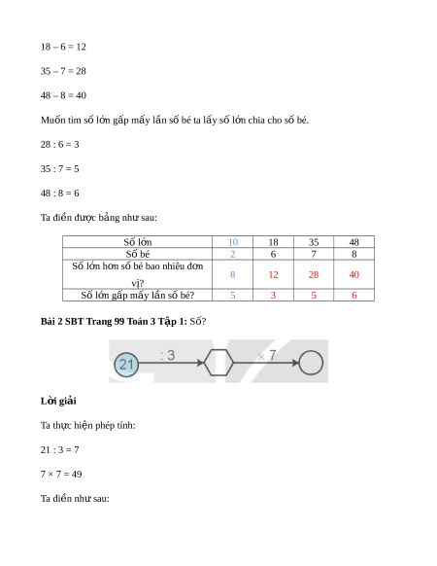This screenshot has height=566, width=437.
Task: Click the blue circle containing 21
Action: [126, 365]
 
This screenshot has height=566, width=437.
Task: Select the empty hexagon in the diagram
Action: [205, 363]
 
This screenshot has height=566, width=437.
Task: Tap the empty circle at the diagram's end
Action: [311, 363]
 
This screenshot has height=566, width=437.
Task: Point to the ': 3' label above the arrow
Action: [168, 355]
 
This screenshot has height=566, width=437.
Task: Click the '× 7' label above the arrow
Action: [267, 356]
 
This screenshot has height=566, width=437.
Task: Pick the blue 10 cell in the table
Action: [233, 242]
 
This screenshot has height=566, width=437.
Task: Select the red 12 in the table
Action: [273, 274]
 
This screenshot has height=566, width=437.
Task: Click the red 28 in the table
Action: [314, 274]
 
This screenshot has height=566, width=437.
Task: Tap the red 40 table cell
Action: [354, 274]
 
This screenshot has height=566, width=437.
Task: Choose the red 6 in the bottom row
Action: [354, 296]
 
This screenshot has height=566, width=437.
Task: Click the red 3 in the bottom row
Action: [273, 296]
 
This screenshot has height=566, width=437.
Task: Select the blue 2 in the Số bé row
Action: [233, 254]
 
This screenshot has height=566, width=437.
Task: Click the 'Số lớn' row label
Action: [137, 242]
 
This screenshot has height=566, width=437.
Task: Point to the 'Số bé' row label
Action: [137, 254]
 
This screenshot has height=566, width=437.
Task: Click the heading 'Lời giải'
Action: [58, 401]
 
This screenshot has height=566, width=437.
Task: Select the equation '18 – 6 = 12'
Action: [63, 47]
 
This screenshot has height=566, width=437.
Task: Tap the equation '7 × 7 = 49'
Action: [61, 474]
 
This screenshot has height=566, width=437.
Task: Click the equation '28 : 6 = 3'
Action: [60, 144]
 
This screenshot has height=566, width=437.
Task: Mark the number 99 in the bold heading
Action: [119, 321]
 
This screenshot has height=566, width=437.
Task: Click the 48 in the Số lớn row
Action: [354, 242]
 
